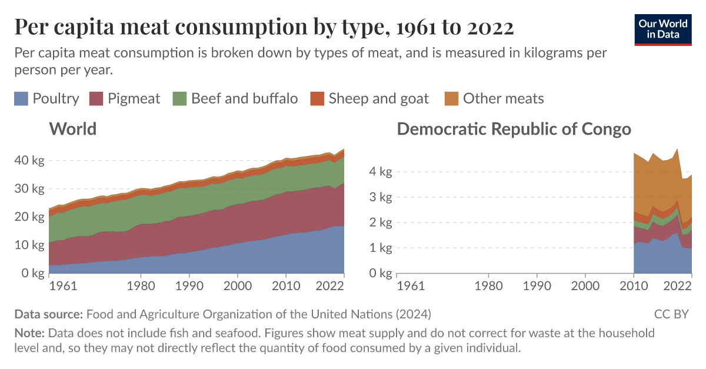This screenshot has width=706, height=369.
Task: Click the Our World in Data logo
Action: (x=662, y=28)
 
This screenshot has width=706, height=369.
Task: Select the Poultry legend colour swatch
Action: (x=21, y=98)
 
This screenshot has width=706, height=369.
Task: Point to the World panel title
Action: (x=73, y=129)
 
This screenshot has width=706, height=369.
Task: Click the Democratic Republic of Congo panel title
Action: (x=514, y=129)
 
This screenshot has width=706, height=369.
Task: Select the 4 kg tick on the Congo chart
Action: (x=381, y=172)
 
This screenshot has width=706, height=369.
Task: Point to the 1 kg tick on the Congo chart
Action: (x=381, y=248)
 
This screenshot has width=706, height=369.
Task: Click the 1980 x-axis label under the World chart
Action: (x=141, y=286)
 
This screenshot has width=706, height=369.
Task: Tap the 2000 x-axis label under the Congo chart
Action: (x=585, y=286)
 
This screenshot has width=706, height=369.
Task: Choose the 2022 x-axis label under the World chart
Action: (x=330, y=286)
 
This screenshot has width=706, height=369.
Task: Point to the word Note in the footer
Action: (x=29, y=333)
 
